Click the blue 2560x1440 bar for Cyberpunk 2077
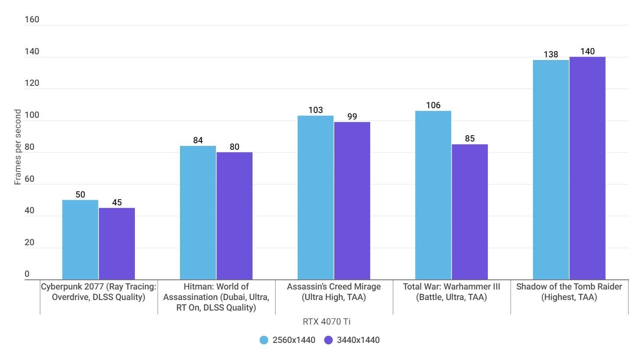coord(80,240)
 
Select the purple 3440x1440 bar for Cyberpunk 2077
coord(117,244)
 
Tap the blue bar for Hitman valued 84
coord(198,212)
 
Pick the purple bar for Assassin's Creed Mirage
coord(352,201)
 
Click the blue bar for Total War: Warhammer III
coord(433,195)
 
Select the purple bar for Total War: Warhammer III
coord(470,212)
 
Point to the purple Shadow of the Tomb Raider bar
coord(587,168)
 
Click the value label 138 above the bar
coord(551,54)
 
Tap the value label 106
coord(433,105)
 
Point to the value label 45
coord(117,202)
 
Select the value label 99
coord(352,116)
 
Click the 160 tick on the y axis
coord(32,19)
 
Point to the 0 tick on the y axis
coord(27,274)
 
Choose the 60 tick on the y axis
coord(30,179)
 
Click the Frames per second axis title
coord(18,147)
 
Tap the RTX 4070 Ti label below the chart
coord(326,321)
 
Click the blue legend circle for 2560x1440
coord(264,340)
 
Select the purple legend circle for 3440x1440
coord(328,340)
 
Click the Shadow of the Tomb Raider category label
coord(569,292)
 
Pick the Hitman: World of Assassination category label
coord(216,297)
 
